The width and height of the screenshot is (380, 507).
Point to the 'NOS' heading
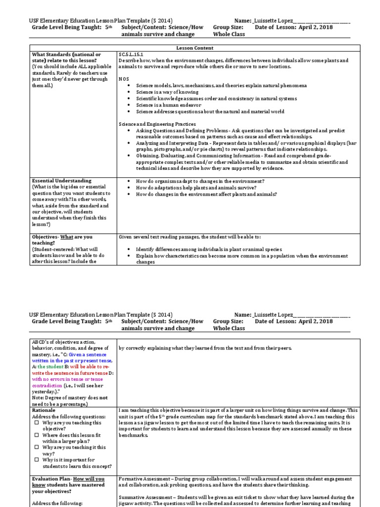[x=124, y=79]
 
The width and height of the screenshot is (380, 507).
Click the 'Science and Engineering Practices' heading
[x=157, y=123]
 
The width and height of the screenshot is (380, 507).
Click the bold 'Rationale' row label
[x=44, y=410]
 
